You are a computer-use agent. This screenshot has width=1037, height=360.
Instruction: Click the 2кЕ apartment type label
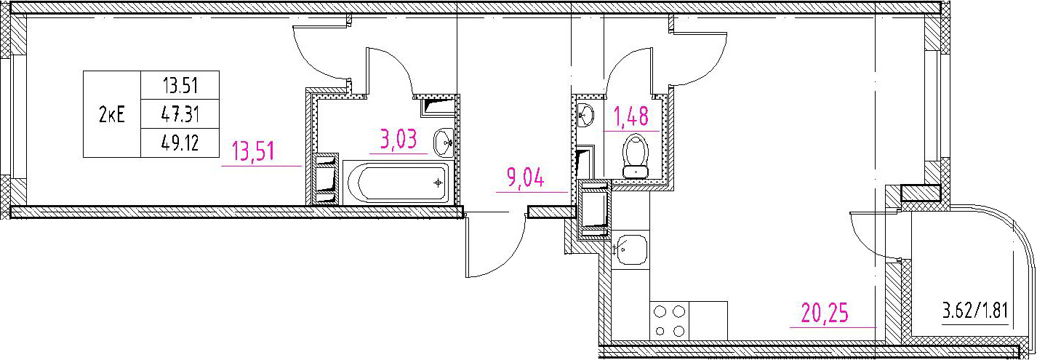tap(111, 114)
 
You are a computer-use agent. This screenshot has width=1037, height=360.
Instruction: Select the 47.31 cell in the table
tap(180, 114)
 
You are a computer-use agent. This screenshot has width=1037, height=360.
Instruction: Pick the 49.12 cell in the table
tap(180, 143)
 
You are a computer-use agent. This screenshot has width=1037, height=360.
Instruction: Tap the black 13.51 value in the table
tap(180, 86)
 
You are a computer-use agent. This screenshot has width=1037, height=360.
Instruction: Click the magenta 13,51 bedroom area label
tap(254, 151)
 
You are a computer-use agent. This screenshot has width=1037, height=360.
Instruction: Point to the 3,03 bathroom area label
tap(399, 139)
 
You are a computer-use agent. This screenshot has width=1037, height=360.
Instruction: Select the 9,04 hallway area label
tap(525, 177)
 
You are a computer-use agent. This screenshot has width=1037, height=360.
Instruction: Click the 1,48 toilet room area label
tap(631, 116)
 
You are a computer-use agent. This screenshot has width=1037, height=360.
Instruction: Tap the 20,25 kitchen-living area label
tap(825, 313)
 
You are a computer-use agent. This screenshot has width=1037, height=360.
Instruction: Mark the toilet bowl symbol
tap(636, 156)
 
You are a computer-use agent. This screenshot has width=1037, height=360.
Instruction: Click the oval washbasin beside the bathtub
tap(444, 143)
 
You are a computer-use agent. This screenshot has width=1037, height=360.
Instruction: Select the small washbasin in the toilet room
tap(585, 114)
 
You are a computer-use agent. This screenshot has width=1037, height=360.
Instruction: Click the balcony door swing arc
tap(860, 245)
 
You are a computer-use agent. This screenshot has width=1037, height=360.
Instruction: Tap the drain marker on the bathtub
tap(438, 183)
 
